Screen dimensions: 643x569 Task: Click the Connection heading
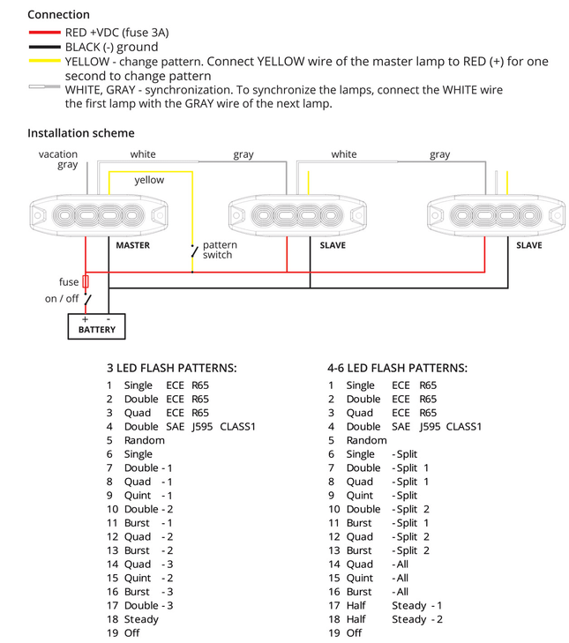click(58, 14)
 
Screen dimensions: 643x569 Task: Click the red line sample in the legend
click(44, 32)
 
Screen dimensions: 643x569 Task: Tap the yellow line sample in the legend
click(44, 61)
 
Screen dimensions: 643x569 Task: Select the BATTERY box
click(96, 327)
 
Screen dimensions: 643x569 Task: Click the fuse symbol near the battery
click(86, 282)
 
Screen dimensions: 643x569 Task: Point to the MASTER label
click(132, 245)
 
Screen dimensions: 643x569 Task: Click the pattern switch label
click(218, 250)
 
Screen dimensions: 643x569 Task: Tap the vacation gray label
click(58, 160)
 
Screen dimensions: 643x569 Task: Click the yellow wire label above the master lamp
click(149, 180)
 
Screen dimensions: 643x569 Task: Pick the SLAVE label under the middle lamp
click(332, 245)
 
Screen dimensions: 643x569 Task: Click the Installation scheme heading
click(81, 133)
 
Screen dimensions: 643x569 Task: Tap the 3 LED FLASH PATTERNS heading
click(171, 368)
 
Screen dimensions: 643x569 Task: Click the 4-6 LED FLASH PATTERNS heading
click(397, 368)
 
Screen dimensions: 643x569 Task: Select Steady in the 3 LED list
click(141, 619)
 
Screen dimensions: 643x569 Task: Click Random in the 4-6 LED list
click(366, 440)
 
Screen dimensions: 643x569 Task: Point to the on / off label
click(62, 299)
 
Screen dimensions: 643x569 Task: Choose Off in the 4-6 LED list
click(354, 633)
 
